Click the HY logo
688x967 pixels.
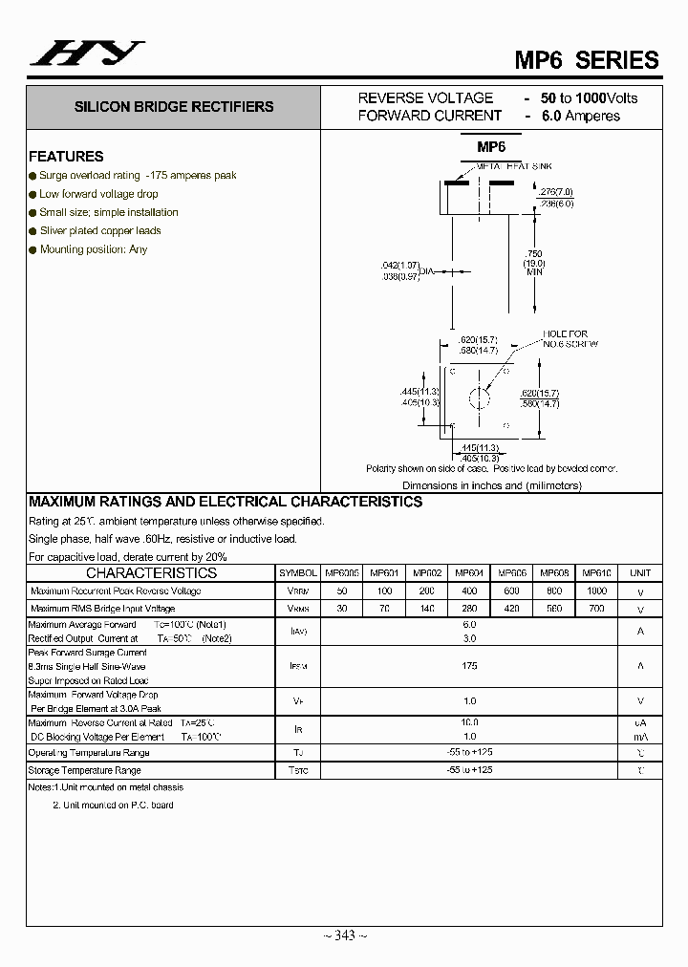pos(87,54)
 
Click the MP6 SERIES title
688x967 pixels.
pos(587,59)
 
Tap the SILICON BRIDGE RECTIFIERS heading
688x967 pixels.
pos(174,107)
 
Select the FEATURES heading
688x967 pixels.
pos(66,156)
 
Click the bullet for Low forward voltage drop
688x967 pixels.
pos(32,194)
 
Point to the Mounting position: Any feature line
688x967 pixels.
pos(94,249)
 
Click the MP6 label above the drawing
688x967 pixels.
pos(491,146)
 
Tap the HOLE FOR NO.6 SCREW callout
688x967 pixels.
pos(570,339)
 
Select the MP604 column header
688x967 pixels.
pos(468,573)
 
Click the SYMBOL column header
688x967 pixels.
pos(298,573)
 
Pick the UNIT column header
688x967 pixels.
pos(640,573)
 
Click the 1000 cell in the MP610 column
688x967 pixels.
pos(596,591)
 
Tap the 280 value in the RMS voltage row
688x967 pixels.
pos(468,608)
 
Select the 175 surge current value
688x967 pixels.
pos(468,666)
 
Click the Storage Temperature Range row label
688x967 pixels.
pos(85,770)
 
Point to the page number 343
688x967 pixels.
pos(345,935)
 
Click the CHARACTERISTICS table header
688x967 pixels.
pos(151,573)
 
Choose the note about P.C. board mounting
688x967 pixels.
pos(113,805)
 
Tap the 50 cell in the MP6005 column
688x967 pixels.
pos(341,591)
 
